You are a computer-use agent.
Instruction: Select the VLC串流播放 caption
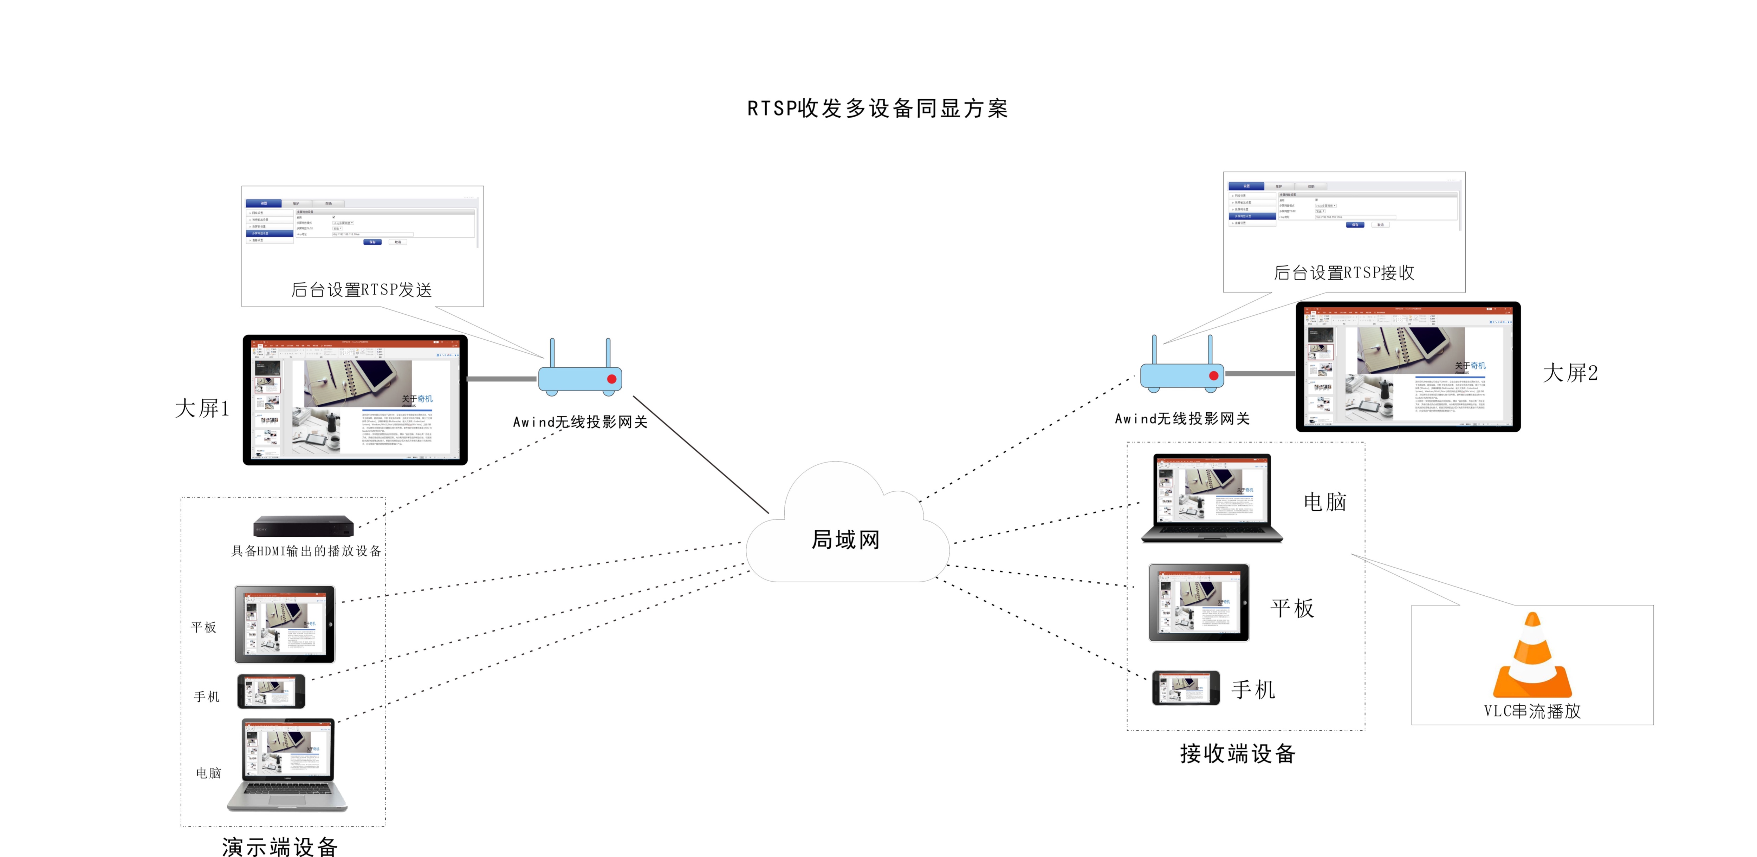click(1532, 711)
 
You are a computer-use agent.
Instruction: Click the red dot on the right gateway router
click(1213, 376)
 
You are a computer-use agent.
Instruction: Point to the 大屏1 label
click(202, 408)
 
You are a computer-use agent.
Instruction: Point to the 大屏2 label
click(1570, 373)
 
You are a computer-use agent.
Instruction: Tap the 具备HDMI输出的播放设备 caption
click(306, 551)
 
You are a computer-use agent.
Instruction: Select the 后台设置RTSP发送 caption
click(362, 290)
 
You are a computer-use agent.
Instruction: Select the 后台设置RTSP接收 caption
click(1344, 273)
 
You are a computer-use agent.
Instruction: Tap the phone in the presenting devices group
click(271, 691)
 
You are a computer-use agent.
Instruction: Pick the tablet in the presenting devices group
click(284, 624)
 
